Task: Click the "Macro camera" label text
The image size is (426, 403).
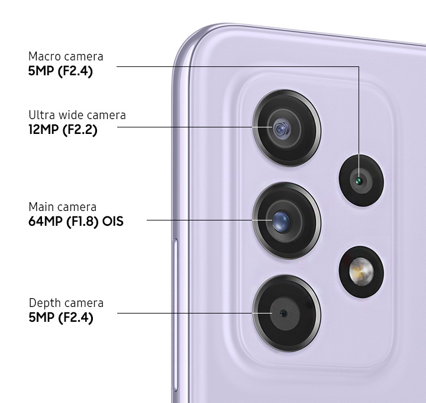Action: tap(66, 57)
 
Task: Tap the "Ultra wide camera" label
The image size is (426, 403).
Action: tap(77, 115)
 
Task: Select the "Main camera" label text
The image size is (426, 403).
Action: tap(63, 207)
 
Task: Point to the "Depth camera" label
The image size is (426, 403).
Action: tap(66, 303)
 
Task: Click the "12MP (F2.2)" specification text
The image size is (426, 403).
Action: tap(63, 130)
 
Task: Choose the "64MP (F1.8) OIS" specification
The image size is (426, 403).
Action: tap(76, 221)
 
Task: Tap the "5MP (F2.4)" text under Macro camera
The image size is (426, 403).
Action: tap(60, 71)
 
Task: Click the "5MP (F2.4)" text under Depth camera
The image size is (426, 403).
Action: tap(61, 318)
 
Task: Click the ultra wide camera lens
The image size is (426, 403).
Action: tap(286, 128)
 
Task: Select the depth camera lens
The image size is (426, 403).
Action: tap(286, 313)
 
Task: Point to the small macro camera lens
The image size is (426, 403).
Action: tap(362, 180)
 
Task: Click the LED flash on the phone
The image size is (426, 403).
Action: tap(362, 271)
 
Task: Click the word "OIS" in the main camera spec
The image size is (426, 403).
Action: tap(113, 221)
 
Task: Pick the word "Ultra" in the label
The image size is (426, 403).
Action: tap(40, 115)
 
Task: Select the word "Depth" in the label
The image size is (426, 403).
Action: tap(45, 303)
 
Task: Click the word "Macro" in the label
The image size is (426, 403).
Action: tap(44, 57)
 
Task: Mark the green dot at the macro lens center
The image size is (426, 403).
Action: tap(359, 180)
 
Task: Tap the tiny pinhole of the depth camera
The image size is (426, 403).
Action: tap(283, 313)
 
